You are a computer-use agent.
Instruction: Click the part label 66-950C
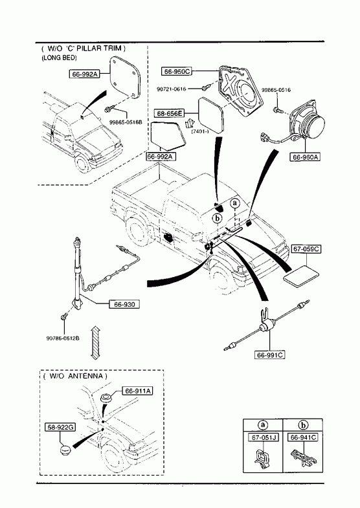click(177, 71)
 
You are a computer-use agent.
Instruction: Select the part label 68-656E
click(169, 113)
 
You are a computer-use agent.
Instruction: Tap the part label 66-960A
click(304, 157)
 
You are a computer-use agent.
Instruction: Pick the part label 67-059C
click(306, 249)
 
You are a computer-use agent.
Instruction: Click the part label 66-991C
click(270, 355)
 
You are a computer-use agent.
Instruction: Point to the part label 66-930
click(124, 305)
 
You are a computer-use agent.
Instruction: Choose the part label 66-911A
click(137, 391)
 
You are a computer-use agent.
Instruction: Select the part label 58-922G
click(60, 427)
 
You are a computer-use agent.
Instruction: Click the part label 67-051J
click(264, 437)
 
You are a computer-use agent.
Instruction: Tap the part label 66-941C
click(303, 437)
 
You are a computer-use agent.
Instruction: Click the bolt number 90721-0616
click(172, 89)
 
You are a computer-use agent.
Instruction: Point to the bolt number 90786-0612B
click(63, 338)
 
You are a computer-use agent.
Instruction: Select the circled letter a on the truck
click(235, 203)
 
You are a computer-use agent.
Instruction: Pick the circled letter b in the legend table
click(302, 425)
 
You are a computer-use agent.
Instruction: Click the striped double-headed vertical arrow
click(95, 342)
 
